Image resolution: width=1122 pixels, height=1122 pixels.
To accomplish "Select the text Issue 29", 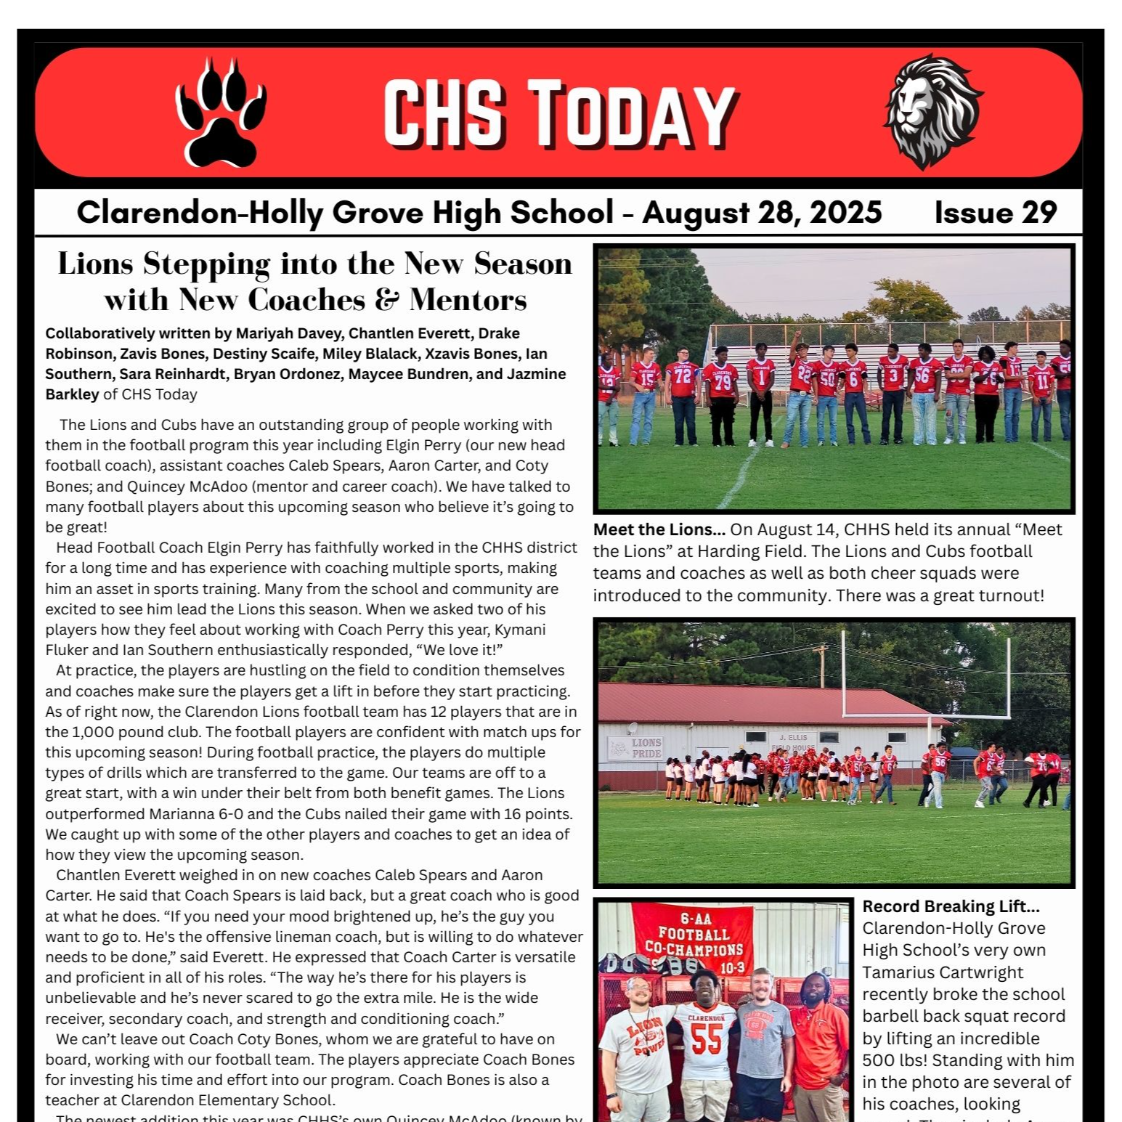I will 995,213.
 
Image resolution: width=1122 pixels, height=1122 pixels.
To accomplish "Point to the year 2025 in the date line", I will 845,213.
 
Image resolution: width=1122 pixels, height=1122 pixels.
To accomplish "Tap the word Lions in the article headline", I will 96,264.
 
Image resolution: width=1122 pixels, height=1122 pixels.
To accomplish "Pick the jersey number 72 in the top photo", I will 682,375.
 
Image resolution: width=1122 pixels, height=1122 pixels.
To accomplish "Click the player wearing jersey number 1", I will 761,392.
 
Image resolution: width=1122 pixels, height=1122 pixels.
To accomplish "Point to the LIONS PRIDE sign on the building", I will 645,748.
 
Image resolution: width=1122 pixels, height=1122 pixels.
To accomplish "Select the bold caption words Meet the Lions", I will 659,530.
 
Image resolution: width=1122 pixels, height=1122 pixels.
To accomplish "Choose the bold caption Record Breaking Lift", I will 951,906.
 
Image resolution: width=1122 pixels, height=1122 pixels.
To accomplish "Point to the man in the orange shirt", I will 821,1046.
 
